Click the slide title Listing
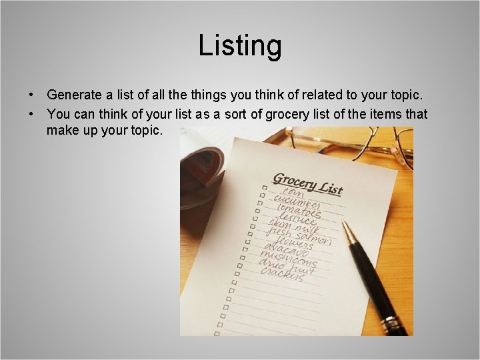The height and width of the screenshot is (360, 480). point(240,46)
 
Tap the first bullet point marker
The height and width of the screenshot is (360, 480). point(31,96)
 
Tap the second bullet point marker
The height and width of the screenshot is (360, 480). point(31,115)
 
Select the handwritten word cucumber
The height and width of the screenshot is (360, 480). point(295,204)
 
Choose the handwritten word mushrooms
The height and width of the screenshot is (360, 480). point(289,261)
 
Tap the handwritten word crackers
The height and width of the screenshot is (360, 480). point(283,275)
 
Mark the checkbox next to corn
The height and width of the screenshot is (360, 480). point(264,189)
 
